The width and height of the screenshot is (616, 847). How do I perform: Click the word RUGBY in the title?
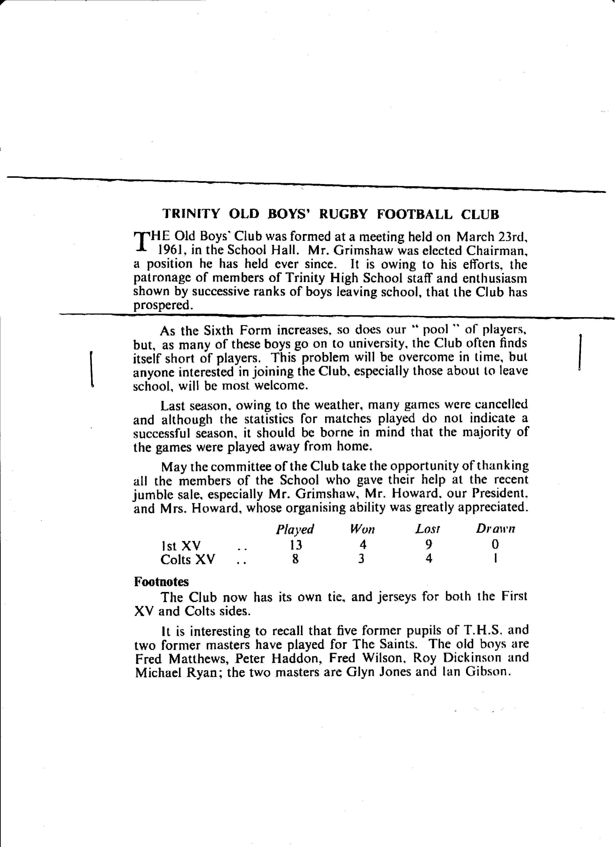click(343, 214)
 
